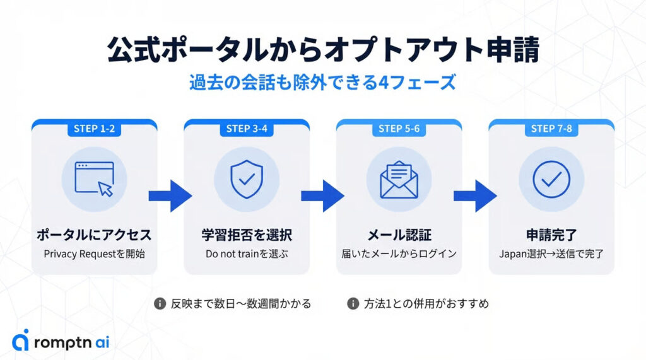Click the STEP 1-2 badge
(x=94, y=129)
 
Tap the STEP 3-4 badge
(x=247, y=129)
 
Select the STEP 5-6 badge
(x=399, y=129)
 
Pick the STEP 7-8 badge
(x=551, y=129)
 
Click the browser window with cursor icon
(x=94, y=178)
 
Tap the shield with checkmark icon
(x=247, y=178)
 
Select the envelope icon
(x=399, y=178)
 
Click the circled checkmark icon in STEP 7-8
(x=551, y=178)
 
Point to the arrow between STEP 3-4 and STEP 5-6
(x=322, y=196)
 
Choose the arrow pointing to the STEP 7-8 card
(x=475, y=196)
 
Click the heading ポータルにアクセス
(x=94, y=235)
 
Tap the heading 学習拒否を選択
(x=247, y=235)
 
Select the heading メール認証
(x=399, y=235)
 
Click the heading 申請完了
(x=551, y=235)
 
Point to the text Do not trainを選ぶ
(x=247, y=255)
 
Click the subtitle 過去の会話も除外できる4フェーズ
(x=322, y=83)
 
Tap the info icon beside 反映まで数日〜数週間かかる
(x=160, y=304)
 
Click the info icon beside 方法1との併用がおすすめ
(x=353, y=304)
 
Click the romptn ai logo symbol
(x=21, y=340)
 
